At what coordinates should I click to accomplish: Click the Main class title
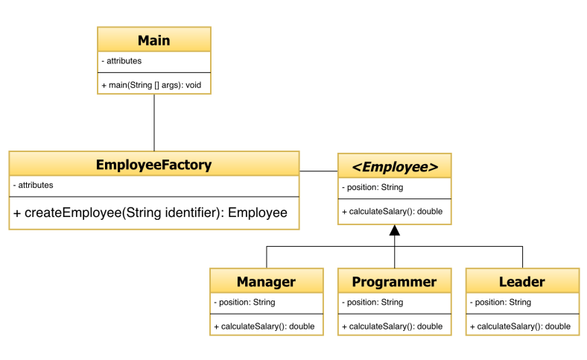pyautogui.click(x=154, y=40)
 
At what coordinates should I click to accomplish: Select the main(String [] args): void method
pyautogui.click(x=152, y=85)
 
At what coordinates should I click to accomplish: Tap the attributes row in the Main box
pyautogui.click(x=121, y=61)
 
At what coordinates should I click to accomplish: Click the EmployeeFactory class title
pyautogui.click(x=154, y=165)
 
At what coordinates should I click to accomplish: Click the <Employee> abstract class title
pyautogui.click(x=395, y=166)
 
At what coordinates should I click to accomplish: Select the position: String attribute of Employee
pyautogui.click(x=372, y=187)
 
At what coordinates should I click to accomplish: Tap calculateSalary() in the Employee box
pyautogui.click(x=393, y=212)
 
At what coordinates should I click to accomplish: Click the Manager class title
pyautogui.click(x=267, y=282)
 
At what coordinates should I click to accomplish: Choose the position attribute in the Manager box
pyautogui.click(x=245, y=302)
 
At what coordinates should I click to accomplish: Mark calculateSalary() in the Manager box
pyautogui.click(x=264, y=326)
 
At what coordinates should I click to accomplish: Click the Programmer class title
pyautogui.click(x=394, y=282)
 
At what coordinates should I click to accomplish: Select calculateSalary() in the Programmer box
pyautogui.click(x=393, y=326)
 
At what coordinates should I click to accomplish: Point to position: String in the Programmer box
pyautogui.click(x=373, y=302)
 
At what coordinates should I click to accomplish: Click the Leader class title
pyautogui.click(x=522, y=282)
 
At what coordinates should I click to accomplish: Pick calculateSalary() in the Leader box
pyautogui.click(x=521, y=326)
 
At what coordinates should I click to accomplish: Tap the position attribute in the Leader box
pyautogui.click(x=501, y=302)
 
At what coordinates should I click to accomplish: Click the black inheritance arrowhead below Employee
pyautogui.click(x=395, y=231)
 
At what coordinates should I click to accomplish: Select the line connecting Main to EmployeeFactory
pyautogui.click(x=154, y=122)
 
